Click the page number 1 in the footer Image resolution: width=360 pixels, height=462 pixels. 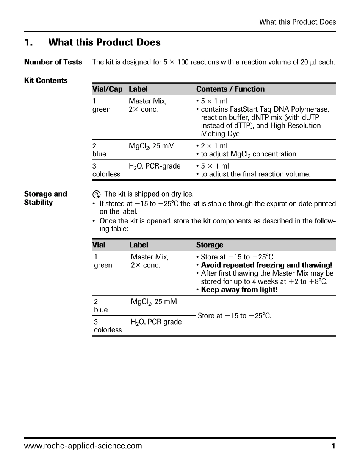pos(333,446)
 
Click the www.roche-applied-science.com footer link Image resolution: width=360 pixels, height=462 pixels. pos(83,446)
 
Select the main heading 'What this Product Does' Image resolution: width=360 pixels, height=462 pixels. pos(104,42)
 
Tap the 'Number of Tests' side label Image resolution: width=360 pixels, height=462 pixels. pos(53,62)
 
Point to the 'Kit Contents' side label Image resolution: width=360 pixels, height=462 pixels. pos(46,80)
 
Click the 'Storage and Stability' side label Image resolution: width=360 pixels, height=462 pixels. pos(45,198)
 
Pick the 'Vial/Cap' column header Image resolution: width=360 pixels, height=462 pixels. pos(107,89)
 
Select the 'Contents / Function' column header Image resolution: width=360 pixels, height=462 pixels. pos(230,89)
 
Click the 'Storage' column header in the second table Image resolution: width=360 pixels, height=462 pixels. pos(210,245)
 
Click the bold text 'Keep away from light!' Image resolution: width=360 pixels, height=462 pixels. pos(239,290)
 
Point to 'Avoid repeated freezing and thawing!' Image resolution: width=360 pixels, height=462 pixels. pos(266,265)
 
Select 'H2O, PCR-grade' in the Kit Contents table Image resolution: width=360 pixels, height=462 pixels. pos(155,166)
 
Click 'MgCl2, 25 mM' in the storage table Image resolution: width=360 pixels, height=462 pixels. pos(154,302)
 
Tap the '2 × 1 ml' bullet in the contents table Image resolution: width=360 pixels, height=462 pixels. pos(214,146)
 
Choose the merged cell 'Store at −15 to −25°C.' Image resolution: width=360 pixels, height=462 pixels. pos(235,316)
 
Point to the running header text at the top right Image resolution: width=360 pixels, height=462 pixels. pos(297,22)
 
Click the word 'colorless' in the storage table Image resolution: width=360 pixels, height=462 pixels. pos(108,330)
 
